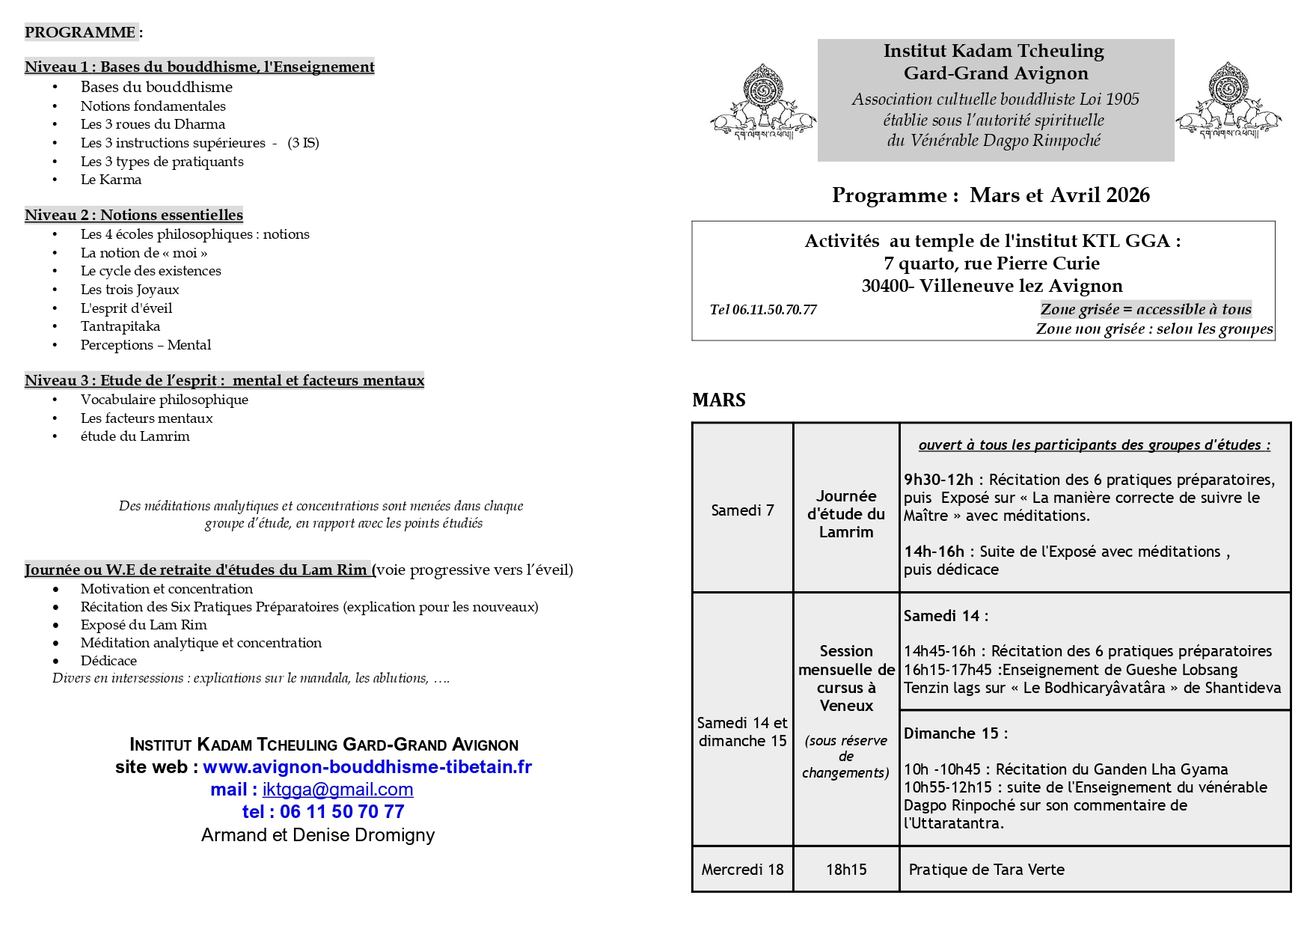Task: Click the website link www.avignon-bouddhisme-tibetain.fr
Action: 367,767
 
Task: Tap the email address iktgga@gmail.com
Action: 337,790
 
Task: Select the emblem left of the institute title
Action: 762,102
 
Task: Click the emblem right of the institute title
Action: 1228,102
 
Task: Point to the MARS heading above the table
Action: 719,400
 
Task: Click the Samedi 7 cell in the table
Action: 742,510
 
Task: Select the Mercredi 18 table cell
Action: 742,870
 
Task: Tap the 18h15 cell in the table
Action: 846,870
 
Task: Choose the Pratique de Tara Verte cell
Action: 986,870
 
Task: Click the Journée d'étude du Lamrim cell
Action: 846,514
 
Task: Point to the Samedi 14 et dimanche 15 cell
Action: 742,732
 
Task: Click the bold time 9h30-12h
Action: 938,480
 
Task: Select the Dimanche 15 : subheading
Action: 955,733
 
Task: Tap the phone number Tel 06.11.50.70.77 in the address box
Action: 763,310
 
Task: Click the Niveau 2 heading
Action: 134,215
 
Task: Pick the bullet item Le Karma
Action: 111,180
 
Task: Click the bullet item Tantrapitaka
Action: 120,326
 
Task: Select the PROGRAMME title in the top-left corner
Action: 80,32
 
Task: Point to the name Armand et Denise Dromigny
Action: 318,835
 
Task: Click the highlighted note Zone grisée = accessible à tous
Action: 1145,309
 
